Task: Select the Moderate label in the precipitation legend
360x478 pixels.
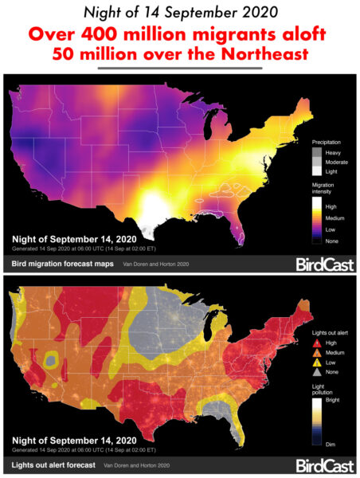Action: (x=337, y=160)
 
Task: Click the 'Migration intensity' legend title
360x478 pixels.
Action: (x=327, y=188)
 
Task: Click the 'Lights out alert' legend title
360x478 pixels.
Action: (x=330, y=331)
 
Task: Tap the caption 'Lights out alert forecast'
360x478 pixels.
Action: (x=55, y=464)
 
